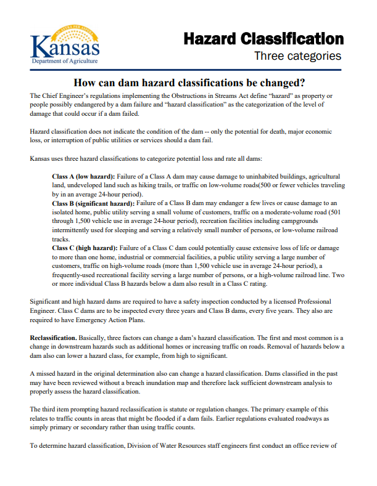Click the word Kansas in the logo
[65, 46]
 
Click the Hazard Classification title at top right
[263, 38]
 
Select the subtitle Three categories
[298, 57]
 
